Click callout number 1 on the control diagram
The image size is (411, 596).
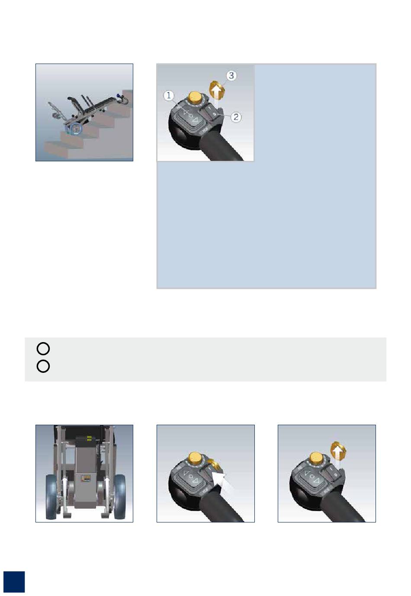pos(168,95)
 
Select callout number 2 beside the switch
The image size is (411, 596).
pos(236,117)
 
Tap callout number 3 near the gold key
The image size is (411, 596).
pos(231,76)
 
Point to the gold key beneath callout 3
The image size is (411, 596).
pos(217,90)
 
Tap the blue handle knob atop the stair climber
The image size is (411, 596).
pos(119,96)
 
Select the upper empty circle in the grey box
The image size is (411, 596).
pos(43,348)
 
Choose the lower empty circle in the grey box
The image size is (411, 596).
pos(43,366)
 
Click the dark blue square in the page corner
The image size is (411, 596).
pos(14,582)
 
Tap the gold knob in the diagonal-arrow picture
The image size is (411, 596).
pos(196,458)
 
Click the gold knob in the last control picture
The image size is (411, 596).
pos(317,458)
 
